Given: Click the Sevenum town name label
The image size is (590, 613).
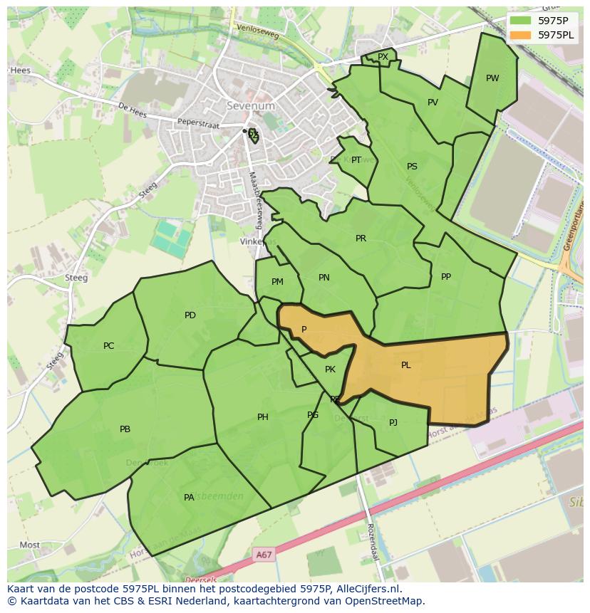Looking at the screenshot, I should tap(250, 106).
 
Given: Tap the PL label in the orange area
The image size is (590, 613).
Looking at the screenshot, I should tap(405, 365).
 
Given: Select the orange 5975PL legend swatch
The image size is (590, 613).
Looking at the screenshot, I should tap(522, 35).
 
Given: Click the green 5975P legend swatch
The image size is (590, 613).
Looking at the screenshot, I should tap(522, 21).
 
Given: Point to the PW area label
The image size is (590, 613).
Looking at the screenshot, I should tap(492, 78).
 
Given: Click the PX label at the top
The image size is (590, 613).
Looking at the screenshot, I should tap(383, 57).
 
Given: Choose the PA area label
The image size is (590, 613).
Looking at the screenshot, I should tap(189, 498).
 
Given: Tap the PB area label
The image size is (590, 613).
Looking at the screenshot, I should tap(125, 429).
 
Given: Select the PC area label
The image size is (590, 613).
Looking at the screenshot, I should tap(108, 346).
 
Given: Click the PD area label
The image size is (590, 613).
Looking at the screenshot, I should tap(190, 315).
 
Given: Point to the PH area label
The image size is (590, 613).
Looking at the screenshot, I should tap(263, 417).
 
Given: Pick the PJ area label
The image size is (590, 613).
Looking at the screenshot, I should tap(393, 423).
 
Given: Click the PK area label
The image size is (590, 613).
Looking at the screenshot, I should tap(330, 370).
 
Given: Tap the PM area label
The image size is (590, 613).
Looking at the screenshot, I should tap(277, 282).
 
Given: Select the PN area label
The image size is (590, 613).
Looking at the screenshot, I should tap(324, 278).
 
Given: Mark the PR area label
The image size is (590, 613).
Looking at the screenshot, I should tap(361, 239).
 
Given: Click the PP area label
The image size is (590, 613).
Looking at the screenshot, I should tap(446, 277).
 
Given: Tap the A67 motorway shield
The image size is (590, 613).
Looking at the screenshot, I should tap(264, 554).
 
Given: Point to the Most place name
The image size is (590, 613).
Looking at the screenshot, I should tap(30, 545).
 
